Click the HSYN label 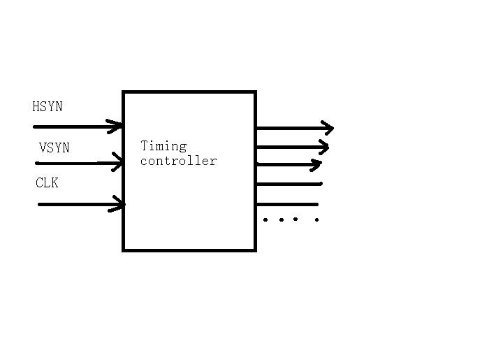(48, 107)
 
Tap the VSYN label (54, 148)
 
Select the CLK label (47, 183)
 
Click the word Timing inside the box (164, 146)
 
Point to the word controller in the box (179, 161)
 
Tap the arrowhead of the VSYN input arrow (117, 163)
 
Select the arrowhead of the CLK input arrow (119, 204)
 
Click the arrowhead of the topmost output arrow (328, 128)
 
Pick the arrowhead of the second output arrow (323, 147)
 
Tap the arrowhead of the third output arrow (316, 165)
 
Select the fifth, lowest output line (287, 205)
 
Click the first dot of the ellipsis (265, 219)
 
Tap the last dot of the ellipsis (317, 220)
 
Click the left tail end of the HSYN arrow (35, 127)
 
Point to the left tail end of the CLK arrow (40, 204)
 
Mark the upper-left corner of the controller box (124, 92)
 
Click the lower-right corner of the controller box (255, 249)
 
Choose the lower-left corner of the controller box (124, 249)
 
